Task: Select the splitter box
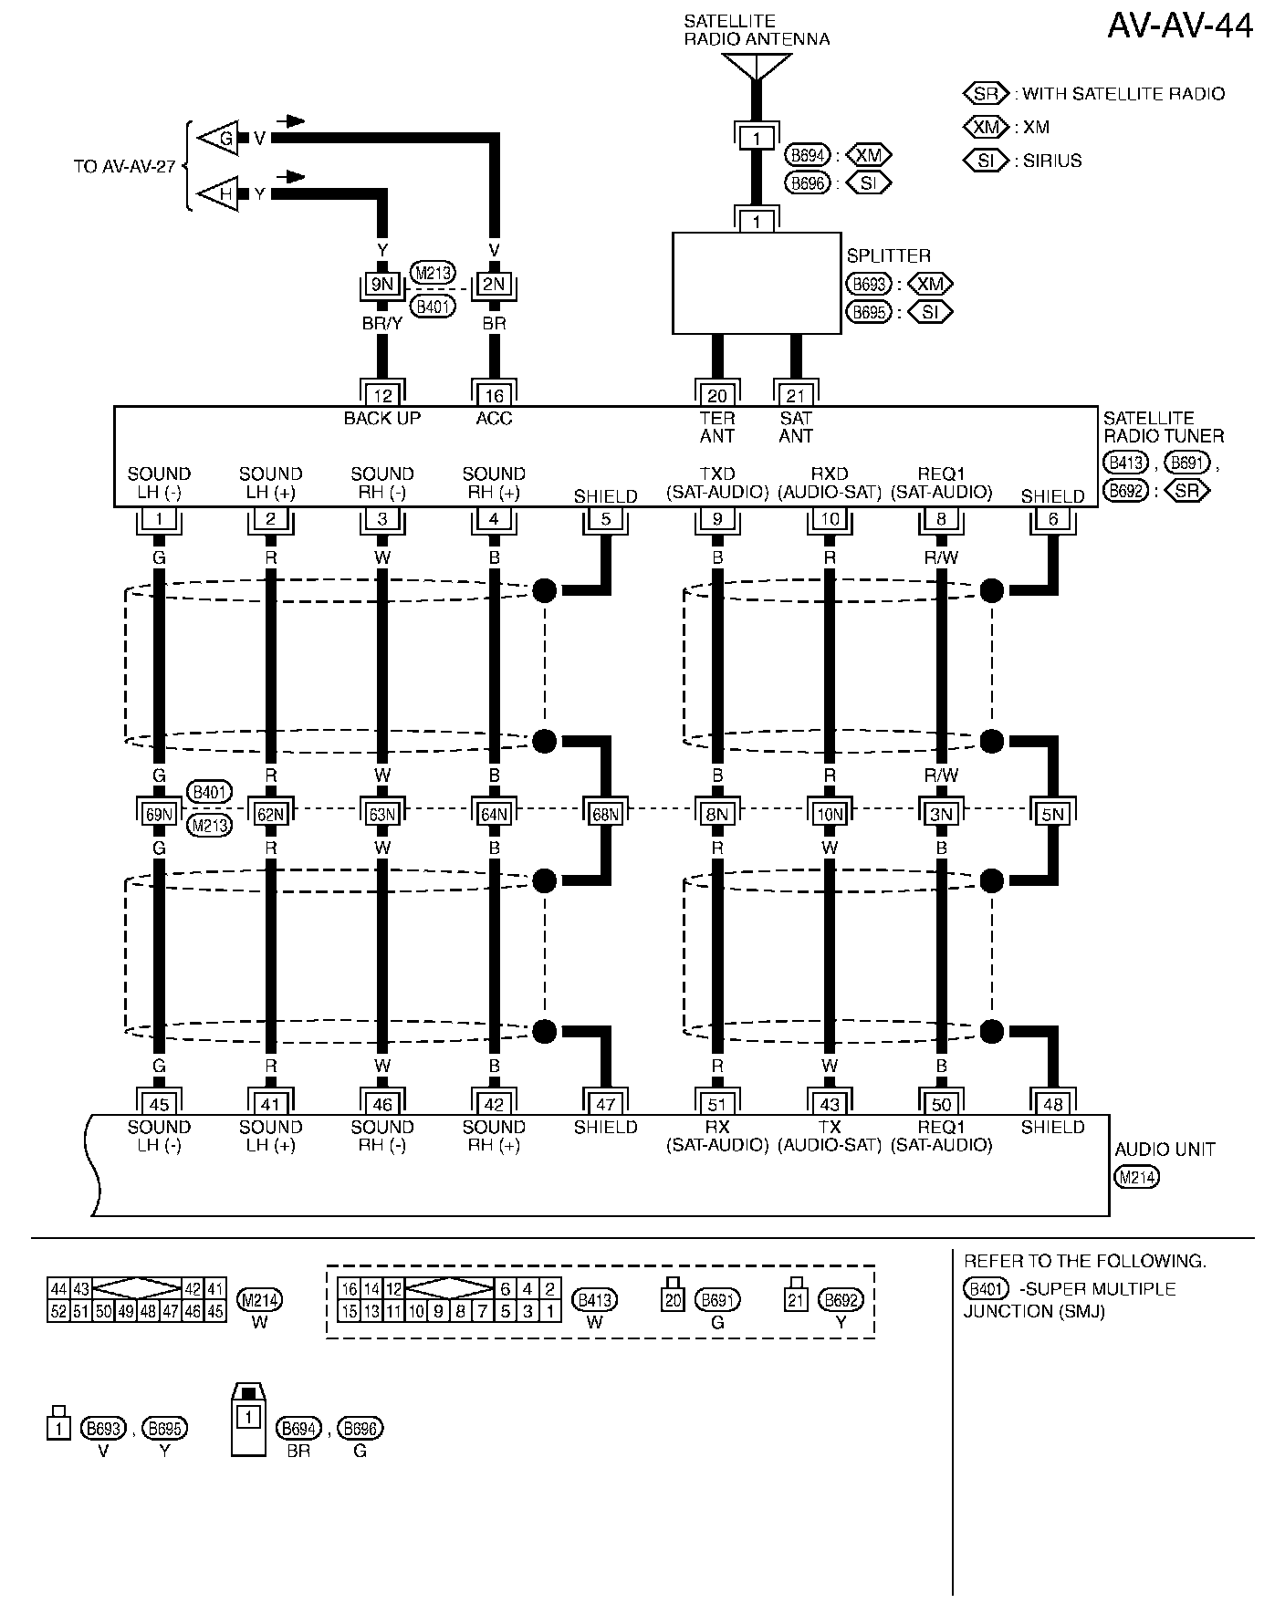pyautogui.click(x=757, y=283)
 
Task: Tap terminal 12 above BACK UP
pyautogui.click(x=382, y=395)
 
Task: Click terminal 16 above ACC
pyautogui.click(x=494, y=395)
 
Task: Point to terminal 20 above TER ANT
pyautogui.click(x=717, y=395)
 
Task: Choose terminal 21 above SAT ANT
pyautogui.click(x=796, y=395)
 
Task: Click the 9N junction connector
pyautogui.click(x=382, y=285)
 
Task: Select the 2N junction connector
pyautogui.click(x=494, y=285)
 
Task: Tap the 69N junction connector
pyautogui.click(x=159, y=814)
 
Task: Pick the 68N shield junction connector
pyautogui.click(x=606, y=814)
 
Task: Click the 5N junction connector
pyautogui.click(x=1052, y=814)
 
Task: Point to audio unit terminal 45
pyautogui.click(x=159, y=1105)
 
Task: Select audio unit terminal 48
pyautogui.click(x=1052, y=1105)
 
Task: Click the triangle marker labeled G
pyautogui.click(x=223, y=139)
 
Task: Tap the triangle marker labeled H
pyautogui.click(x=223, y=193)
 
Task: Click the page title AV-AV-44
pyautogui.click(x=1179, y=26)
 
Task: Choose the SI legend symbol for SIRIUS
pyautogui.click(x=986, y=161)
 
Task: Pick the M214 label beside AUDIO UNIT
pyautogui.click(x=1136, y=1177)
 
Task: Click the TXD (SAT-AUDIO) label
pyautogui.click(x=717, y=483)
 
